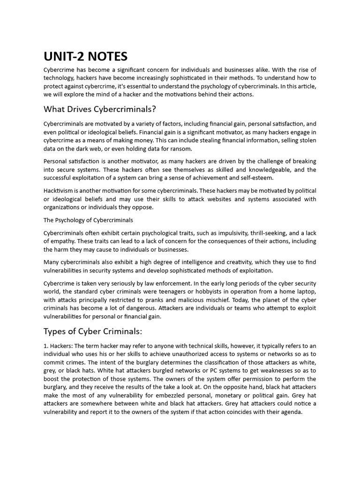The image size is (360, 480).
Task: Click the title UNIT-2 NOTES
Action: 85,57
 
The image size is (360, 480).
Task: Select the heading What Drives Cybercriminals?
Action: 99,109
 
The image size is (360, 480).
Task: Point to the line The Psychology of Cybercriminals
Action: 88,220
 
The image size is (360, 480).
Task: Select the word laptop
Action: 304,292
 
